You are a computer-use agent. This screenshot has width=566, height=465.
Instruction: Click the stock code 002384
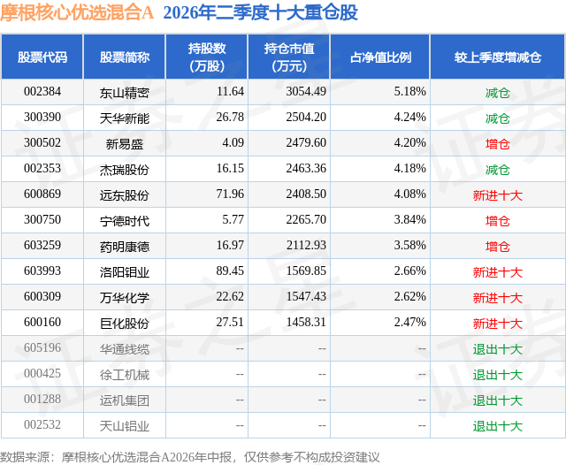tap(42, 92)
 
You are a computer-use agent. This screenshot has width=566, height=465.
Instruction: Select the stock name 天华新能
tap(124, 118)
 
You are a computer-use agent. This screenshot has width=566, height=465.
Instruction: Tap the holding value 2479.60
tap(306, 143)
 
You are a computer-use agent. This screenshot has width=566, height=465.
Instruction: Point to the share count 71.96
tap(230, 194)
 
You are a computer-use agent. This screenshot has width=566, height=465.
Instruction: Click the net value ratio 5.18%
tap(409, 92)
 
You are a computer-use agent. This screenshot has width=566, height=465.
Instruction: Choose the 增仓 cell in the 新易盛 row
tap(497, 144)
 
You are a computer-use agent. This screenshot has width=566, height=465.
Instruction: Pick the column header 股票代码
tap(42, 57)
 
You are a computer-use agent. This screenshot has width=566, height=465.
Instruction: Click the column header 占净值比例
tap(380, 57)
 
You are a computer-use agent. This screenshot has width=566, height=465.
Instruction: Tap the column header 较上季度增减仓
tap(497, 57)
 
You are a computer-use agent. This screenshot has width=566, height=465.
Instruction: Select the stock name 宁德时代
tap(124, 221)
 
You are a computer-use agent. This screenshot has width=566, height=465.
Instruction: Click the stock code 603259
tap(42, 245)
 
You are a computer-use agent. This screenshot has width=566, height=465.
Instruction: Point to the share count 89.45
tap(230, 271)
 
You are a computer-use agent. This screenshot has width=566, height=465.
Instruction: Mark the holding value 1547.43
tap(306, 296)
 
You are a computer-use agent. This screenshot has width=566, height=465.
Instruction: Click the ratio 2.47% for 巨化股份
tap(409, 322)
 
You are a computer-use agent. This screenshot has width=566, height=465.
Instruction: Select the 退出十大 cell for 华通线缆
tap(497, 349)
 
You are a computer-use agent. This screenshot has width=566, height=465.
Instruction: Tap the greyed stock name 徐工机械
tap(124, 375)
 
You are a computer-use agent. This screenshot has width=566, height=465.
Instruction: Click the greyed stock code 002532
tap(42, 424)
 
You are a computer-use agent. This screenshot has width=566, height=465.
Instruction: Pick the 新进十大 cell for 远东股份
tap(497, 195)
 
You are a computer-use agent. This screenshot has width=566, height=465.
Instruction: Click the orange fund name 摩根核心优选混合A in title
tap(77, 12)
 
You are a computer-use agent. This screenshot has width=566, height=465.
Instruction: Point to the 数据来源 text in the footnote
tap(25, 457)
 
